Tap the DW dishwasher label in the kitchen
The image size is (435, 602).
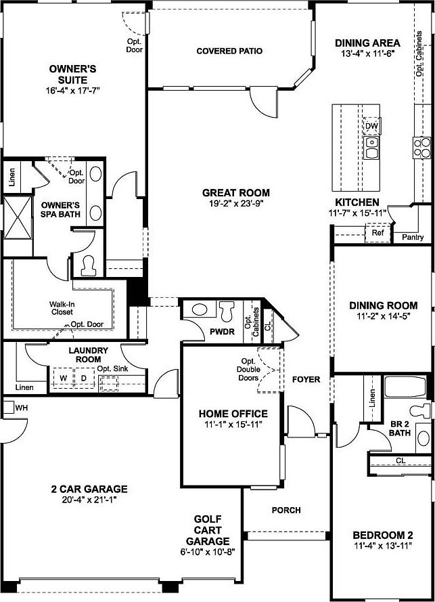pos(371,127)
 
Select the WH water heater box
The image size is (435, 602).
pos(20,408)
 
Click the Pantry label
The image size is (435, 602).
pos(413,237)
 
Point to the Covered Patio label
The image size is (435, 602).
pos(229,51)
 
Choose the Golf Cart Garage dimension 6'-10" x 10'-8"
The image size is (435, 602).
pos(208,553)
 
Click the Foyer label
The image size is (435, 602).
pos(306,379)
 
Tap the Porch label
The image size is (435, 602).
pos(287,510)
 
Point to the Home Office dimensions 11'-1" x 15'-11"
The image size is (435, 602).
pos(232,425)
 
